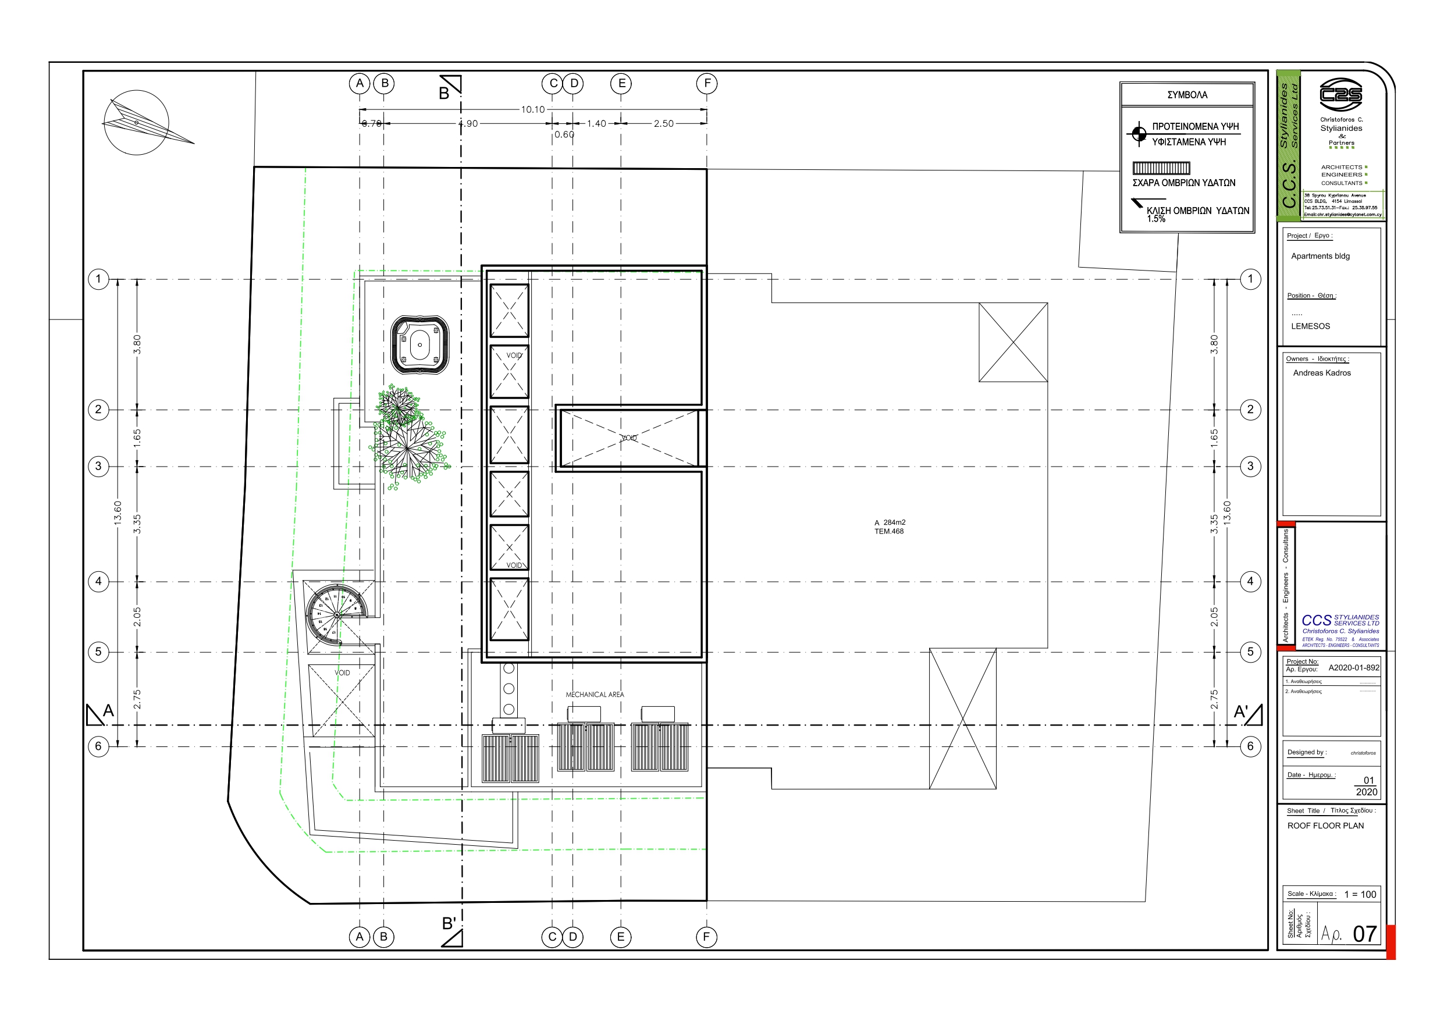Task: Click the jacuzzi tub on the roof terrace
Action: click(x=419, y=346)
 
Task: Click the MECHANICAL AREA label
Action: click(x=595, y=695)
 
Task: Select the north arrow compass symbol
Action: click(x=137, y=122)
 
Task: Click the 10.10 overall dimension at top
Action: click(x=532, y=109)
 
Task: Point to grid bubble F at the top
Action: click(x=707, y=83)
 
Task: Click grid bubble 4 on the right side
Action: click(x=1250, y=581)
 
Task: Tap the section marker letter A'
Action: click(x=1241, y=712)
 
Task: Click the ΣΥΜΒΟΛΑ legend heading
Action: click(x=1187, y=95)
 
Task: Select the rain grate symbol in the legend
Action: click(x=1161, y=168)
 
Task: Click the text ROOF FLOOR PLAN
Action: click(x=1325, y=826)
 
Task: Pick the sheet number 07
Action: click(x=1364, y=934)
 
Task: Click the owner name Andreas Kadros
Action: click(x=1321, y=373)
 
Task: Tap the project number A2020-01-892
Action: click(x=1353, y=667)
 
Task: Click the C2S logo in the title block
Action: click(x=1340, y=94)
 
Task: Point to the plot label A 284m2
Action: click(x=890, y=522)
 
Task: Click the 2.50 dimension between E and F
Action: click(x=663, y=123)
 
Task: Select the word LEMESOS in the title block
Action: click(x=1310, y=326)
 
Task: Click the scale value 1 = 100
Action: click(x=1360, y=894)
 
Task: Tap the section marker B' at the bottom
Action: click(x=449, y=923)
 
